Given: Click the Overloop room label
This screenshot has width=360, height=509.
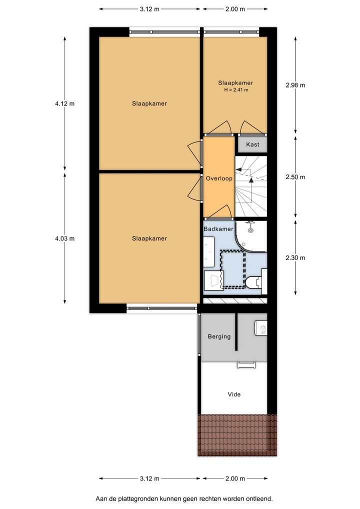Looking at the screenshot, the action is coord(219,178).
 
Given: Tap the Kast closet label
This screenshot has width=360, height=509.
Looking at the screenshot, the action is coord(252,144).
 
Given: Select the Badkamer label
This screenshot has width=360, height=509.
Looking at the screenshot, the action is coord(218,229).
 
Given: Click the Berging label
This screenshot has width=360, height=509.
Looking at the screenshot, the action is coord(219,336).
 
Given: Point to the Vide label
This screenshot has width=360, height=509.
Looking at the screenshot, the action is coord(234,394).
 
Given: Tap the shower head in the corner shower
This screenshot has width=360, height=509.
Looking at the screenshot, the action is coord(250,229).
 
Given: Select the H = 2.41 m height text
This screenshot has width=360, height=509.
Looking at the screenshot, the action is coord(236,90).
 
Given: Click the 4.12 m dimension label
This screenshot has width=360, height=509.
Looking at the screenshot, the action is coord(65,103).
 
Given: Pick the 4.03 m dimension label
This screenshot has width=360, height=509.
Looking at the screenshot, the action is coord(65,238).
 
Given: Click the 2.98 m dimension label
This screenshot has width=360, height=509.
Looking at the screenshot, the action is coord(295,85).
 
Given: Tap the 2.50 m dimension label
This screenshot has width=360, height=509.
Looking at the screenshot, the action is coord(295,177).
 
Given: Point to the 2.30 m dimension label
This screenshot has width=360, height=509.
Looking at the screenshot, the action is coord(295,258).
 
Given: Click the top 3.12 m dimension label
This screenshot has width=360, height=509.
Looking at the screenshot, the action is coord(149,9).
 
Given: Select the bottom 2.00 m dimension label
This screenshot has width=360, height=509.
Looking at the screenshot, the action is coord(235,478).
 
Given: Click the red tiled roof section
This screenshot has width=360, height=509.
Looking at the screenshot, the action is coord(237,435).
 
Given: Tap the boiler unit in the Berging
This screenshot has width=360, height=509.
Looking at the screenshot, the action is coord(261,328).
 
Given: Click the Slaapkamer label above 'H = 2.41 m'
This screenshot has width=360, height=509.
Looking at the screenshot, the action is coord(235,83).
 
